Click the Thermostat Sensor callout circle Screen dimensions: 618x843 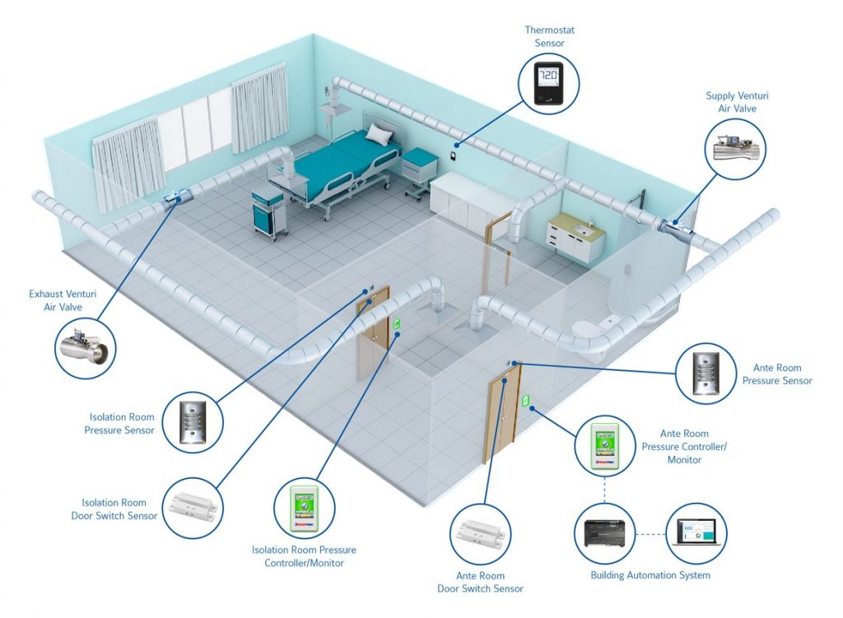point(549,84)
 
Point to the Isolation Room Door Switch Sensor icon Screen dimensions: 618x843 point(193,509)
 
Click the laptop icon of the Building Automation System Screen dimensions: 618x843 point(696,532)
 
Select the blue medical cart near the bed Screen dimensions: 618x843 point(269,210)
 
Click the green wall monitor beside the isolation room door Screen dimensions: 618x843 point(397,324)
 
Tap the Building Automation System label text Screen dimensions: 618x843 point(650,575)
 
